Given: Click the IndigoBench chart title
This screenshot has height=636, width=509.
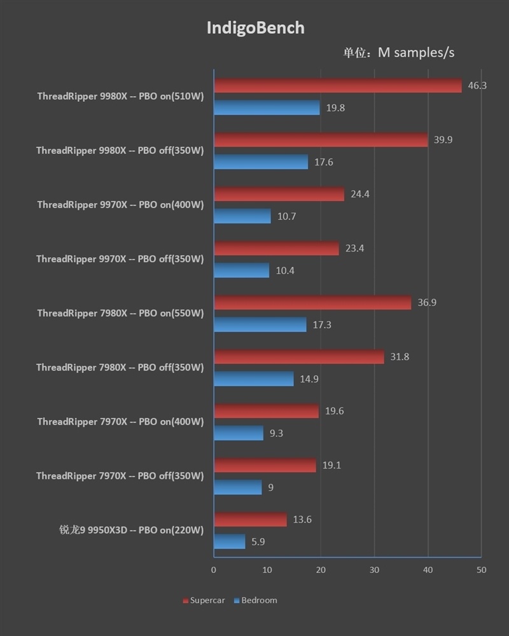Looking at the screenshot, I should pyautogui.click(x=255, y=28).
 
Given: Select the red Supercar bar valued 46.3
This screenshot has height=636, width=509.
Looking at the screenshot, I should pyautogui.click(x=337, y=85).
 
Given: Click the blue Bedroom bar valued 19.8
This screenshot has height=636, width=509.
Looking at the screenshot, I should pyautogui.click(x=267, y=108).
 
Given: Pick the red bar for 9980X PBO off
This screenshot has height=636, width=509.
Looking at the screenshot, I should pyautogui.click(x=321, y=139).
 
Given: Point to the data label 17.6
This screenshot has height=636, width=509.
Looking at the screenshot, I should pyautogui.click(x=323, y=162).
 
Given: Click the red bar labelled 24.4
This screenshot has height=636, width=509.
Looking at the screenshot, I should pyautogui.click(x=279, y=194).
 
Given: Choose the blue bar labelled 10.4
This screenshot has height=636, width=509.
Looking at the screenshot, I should pyautogui.click(x=241, y=271).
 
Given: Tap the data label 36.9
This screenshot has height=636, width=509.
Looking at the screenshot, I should pyautogui.click(x=427, y=302).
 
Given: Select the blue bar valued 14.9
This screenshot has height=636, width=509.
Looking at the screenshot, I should pyautogui.click(x=253, y=379).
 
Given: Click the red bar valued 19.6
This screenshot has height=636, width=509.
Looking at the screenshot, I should pyautogui.click(x=266, y=411).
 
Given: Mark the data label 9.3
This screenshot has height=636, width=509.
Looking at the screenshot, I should pyautogui.click(x=276, y=434).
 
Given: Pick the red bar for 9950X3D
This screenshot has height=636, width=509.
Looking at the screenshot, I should pyautogui.click(x=250, y=519).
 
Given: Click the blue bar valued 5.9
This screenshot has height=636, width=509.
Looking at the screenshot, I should pyautogui.click(x=229, y=542).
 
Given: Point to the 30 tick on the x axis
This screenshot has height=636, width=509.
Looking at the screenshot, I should pyautogui.click(x=374, y=570).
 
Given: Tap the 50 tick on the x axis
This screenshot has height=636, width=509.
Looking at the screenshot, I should pyautogui.click(x=481, y=570).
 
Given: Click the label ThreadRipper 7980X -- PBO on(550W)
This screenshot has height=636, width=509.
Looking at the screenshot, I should pyautogui.click(x=120, y=313).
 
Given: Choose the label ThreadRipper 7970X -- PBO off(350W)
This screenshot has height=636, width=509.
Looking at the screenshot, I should pyautogui.click(x=120, y=476).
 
